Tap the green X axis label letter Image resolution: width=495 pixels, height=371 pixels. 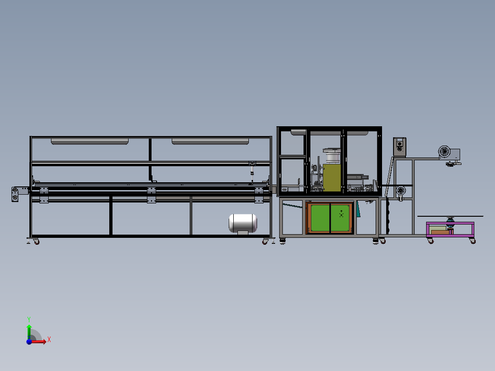49,340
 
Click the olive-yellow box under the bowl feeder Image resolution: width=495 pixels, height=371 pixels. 332,178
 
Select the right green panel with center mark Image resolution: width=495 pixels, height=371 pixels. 341,218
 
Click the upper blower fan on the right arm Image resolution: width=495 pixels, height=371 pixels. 445,152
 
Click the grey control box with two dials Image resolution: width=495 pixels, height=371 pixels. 399,146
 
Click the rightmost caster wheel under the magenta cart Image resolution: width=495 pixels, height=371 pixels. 472,241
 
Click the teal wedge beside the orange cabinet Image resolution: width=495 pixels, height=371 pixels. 358,209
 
